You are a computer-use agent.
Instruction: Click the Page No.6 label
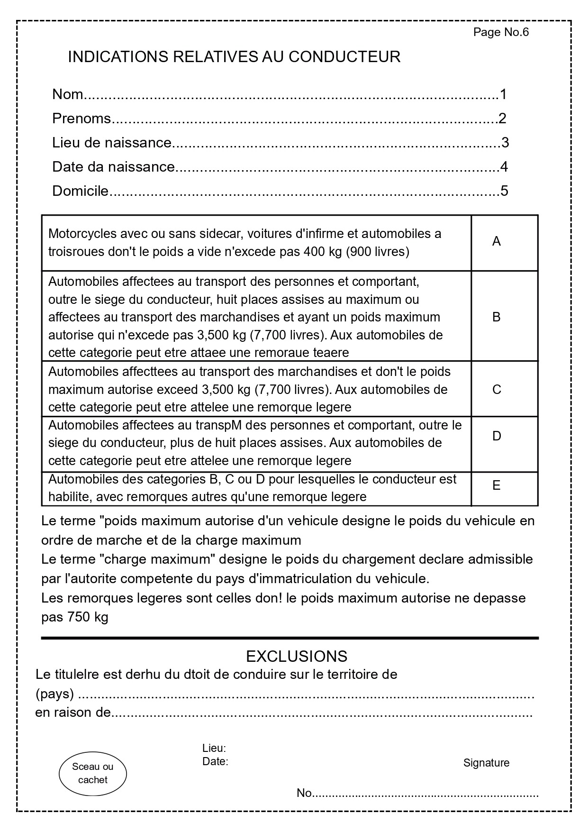pos(500,32)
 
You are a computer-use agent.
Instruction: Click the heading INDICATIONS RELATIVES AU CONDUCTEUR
pos(234,57)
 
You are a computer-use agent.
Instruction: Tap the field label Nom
pos(67,94)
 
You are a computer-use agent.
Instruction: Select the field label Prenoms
pos(81,119)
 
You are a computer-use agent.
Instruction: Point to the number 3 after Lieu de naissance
pos(505,143)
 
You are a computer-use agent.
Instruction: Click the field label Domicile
pos(80,191)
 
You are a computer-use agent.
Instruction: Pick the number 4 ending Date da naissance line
pos(504,167)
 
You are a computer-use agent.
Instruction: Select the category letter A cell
pos(496,242)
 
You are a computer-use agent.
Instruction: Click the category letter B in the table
pos(496,317)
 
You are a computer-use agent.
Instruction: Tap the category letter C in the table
pos(497,390)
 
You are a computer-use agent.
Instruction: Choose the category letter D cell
pos(497,436)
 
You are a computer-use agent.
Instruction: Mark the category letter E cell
pos(496,485)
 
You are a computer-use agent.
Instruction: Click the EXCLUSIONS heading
pos(297,657)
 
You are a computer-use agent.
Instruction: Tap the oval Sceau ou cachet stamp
pos(93,773)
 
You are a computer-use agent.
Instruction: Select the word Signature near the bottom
pos(486,763)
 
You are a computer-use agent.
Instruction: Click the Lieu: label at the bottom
pos(214,749)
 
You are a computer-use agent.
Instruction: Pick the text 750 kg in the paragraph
pos(88,618)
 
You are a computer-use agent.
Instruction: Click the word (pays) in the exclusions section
pos(54,694)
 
